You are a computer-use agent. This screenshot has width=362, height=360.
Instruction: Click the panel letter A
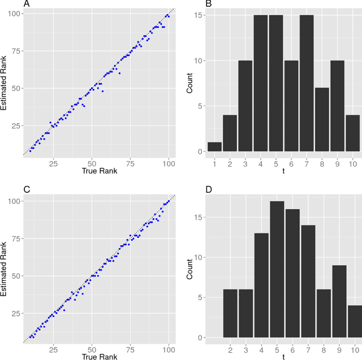(25, 4)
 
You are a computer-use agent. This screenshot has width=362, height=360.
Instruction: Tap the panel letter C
(25, 190)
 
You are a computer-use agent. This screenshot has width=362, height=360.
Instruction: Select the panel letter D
(208, 190)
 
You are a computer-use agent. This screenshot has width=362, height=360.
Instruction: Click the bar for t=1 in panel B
(214, 146)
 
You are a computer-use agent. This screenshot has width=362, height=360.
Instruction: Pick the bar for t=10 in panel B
(352, 133)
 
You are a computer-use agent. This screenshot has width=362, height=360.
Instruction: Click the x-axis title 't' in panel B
(283, 172)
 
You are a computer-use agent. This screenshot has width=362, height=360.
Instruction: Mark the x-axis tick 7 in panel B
(307, 163)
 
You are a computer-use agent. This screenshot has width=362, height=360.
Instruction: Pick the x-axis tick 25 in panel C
(53, 349)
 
